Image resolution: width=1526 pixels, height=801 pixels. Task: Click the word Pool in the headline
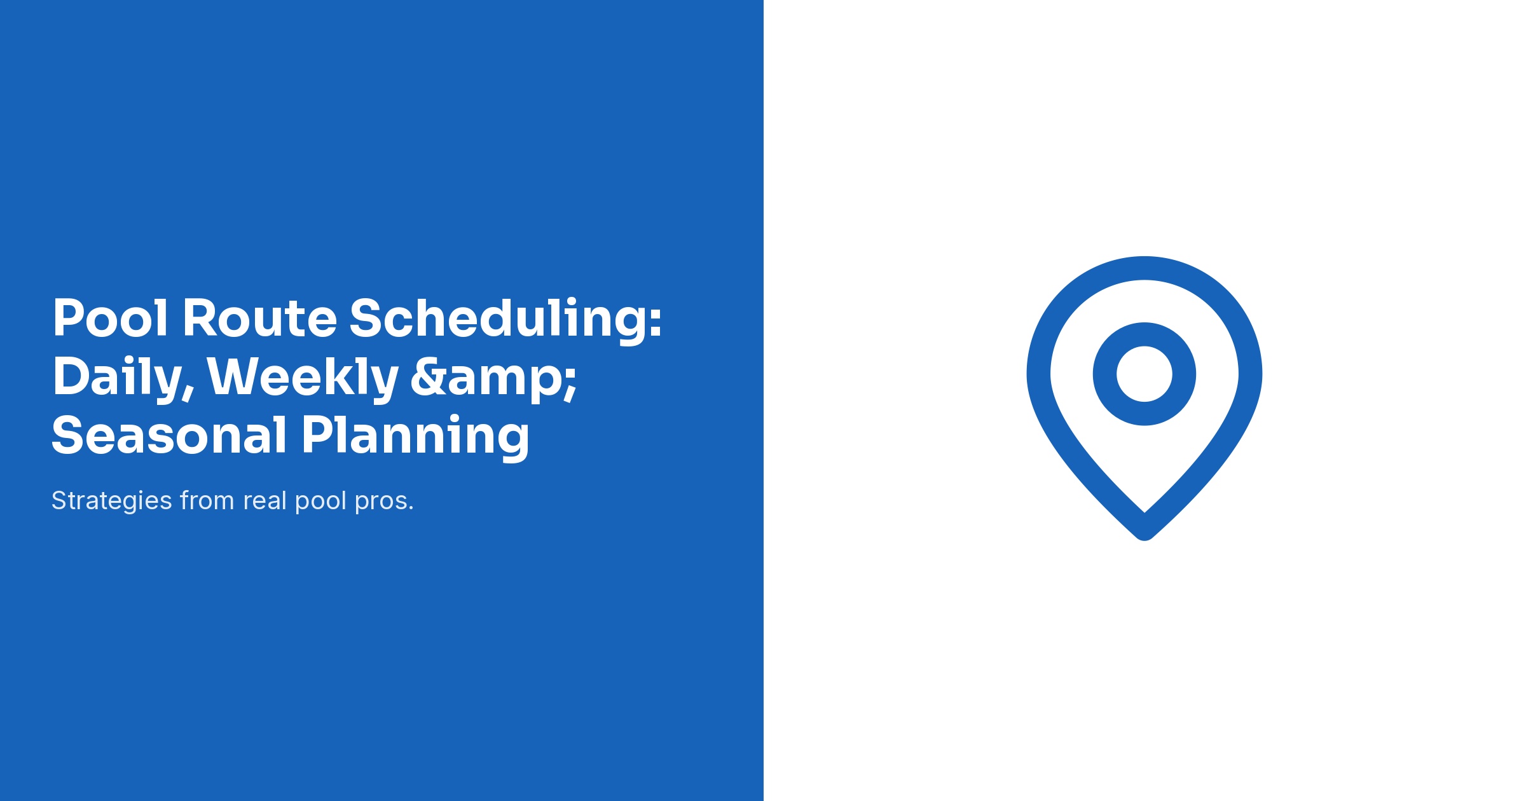110,318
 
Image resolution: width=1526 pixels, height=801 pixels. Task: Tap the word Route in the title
259,318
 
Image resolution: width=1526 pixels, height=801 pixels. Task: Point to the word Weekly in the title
303,377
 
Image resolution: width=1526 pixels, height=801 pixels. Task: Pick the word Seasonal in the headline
169,436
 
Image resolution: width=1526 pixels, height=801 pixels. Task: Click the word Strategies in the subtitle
112,502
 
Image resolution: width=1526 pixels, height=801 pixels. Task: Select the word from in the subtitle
207,501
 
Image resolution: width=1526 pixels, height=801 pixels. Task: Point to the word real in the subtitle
265,501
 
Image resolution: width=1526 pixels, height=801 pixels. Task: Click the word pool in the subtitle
320,502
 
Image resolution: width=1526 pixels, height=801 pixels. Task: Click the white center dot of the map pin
1144,374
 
